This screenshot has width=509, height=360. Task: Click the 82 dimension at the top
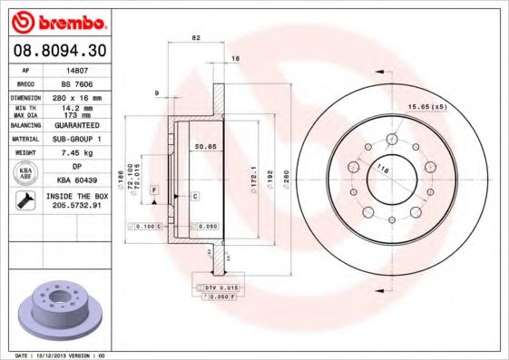click(x=195, y=38)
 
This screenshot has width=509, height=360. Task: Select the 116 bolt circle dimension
click(x=383, y=170)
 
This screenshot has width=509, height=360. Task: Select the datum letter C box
click(x=194, y=196)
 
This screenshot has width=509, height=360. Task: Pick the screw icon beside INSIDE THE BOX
click(x=25, y=200)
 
